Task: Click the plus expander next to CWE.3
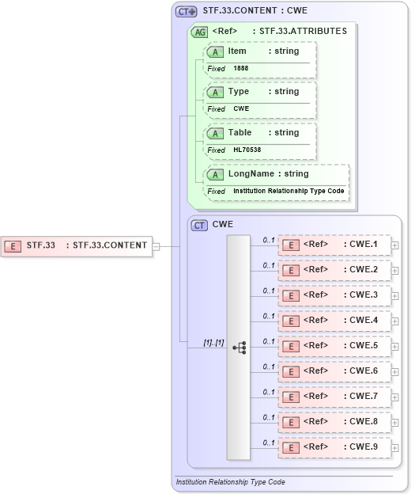395,295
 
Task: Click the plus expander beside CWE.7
395,397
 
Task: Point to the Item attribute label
237,51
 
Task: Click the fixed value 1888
241,69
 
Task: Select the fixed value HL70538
247,150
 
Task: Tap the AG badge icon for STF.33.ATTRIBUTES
199,32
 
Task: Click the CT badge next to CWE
199,226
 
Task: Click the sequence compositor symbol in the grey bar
239,348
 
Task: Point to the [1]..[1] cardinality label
213,342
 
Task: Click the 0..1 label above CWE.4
269,315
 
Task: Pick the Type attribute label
238,92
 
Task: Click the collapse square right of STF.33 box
156,246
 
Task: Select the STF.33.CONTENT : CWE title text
254,11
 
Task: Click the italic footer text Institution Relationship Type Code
230,481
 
